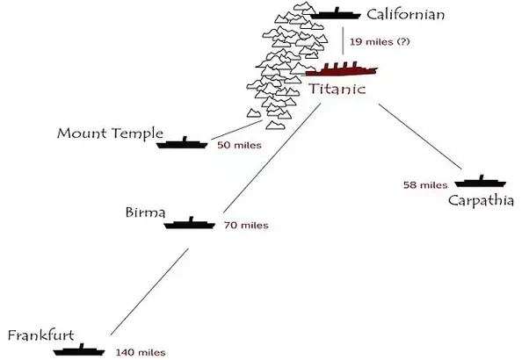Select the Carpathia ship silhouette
pyautogui.click(x=481, y=183)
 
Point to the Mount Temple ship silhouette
pyautogui.click(x=182, y=141)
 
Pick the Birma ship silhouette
pyautogui.click(x=190, y=223)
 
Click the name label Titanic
pyautogui.click(x=337, y=90)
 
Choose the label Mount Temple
pyautogui.click(x=110, y=133)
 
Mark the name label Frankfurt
pyautogui.click(x=45, y=335)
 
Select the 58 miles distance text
pyautogui.click(x=424, y=185)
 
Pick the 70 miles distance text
pyautogui.click(x=245, y=226)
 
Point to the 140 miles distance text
pyautogui.click(x=140, y=352)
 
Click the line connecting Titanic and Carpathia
pyautogui.click(x=423, y=136)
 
